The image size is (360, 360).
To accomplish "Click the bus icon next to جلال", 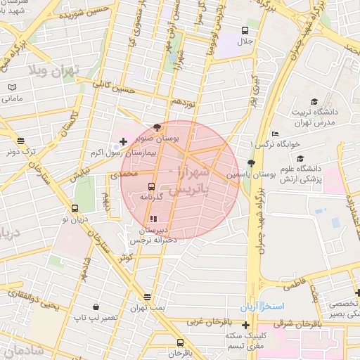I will pos(245,30).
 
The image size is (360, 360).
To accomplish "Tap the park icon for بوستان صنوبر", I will pos(157,127).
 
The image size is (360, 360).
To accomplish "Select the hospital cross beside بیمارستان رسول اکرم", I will pos(124,141).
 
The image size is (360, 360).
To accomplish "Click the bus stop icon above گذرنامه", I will pos(152,186).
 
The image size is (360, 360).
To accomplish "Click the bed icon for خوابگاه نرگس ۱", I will pos(275,134).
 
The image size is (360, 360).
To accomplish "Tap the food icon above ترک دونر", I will pos(21,141).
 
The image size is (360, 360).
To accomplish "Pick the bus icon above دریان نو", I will pos(75,208).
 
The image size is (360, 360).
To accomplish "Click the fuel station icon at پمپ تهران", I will pos(147,297).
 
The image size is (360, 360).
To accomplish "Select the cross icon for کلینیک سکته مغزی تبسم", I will pos(245,325).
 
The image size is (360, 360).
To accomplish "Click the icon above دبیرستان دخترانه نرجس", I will pos(154,219).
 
